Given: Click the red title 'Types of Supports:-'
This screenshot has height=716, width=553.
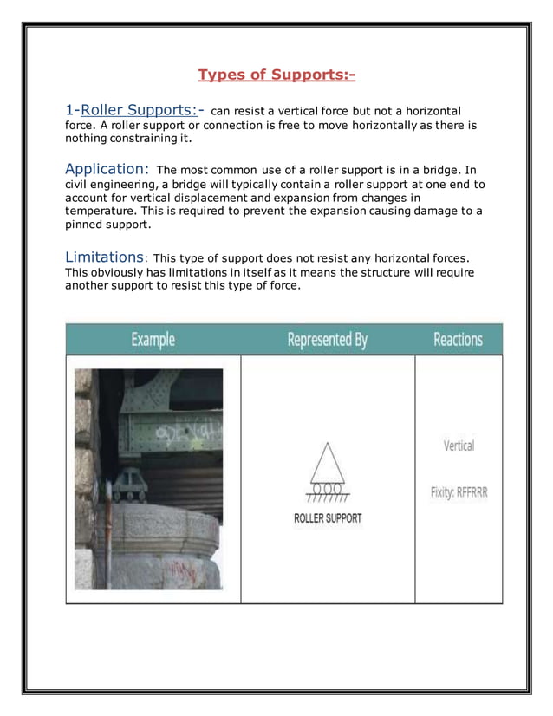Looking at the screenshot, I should click(x=276, y=75).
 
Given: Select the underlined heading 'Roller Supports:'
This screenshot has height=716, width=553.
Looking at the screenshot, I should click(x=139, y=110).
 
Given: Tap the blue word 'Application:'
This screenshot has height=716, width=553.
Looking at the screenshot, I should click(x=107, y=168).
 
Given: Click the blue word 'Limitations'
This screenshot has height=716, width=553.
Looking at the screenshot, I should click(x=104, y=257).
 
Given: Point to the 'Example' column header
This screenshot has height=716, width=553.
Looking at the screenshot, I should click(x=153, y=340).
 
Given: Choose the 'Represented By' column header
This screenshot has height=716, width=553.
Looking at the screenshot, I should click(x=327, y=340).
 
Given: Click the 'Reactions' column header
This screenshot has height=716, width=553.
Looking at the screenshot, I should click(x=458, y=340).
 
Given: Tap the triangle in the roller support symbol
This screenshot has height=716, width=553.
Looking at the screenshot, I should click(x=327, y=464).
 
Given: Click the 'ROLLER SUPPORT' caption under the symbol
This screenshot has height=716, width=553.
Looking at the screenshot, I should click(x=328, y=518).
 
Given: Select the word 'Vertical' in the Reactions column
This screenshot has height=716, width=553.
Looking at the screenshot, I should click(x=459, y=446).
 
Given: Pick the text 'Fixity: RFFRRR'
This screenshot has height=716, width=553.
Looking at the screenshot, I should click(x=459, y=492).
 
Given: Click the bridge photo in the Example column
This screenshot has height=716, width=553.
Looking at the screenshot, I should click(x=148, y=478).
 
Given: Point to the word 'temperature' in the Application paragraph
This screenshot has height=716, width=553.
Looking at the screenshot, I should click(x=101, y=211).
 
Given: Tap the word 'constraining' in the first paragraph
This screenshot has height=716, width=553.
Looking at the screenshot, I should click(x=142, y=138).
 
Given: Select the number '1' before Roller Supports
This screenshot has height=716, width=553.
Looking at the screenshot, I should click(x=69, y=110).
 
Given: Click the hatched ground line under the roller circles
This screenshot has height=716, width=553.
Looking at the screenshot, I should click(x=327, y=498).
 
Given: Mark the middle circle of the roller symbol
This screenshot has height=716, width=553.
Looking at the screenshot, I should click(x=327, y=489).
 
